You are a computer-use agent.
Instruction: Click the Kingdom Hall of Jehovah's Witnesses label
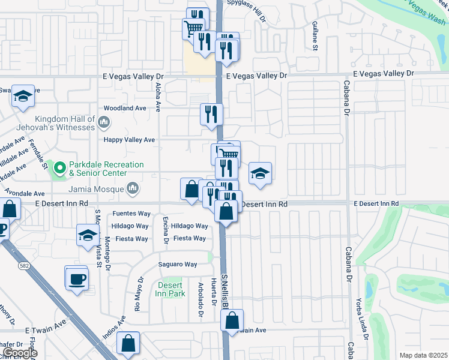point(65,123)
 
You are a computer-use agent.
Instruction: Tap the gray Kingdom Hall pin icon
point(104,124)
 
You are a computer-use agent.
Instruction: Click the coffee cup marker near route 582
point(77,280)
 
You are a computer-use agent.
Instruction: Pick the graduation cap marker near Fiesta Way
point(88,235)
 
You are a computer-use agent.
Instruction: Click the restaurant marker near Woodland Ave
point(211,113)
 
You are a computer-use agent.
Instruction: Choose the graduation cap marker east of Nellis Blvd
point(260,174)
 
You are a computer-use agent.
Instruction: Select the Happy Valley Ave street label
point(130,140)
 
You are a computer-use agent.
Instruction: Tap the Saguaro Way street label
point(178,265)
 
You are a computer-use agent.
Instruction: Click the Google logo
point(20,353)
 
